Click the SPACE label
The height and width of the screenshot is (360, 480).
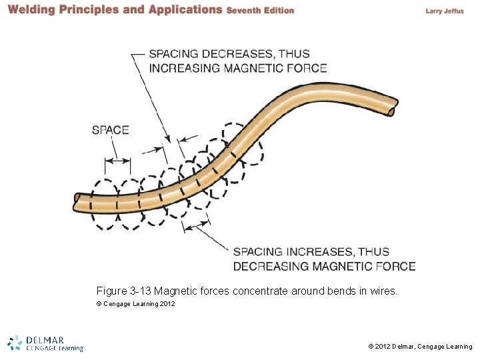point(111,130)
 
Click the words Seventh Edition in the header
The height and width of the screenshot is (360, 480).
point(260,11)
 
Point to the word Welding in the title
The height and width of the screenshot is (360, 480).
point(32,10)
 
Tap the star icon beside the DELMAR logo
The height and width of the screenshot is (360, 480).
point(15,342)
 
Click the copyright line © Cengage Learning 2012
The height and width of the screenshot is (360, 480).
point(136,304)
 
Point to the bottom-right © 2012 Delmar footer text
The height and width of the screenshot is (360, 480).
point(420,347)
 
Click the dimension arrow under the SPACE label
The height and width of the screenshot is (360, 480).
point(118,159)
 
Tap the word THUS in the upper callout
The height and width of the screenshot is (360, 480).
point(294,54)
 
